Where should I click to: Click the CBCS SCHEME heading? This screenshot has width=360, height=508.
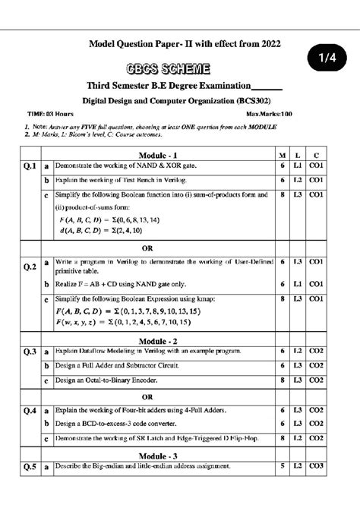coord(179,68)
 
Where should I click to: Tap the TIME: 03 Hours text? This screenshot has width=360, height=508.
coord(45,114)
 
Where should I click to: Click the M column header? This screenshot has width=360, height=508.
coord(283,156)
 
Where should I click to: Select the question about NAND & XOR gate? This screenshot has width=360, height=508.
coord(114,166)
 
